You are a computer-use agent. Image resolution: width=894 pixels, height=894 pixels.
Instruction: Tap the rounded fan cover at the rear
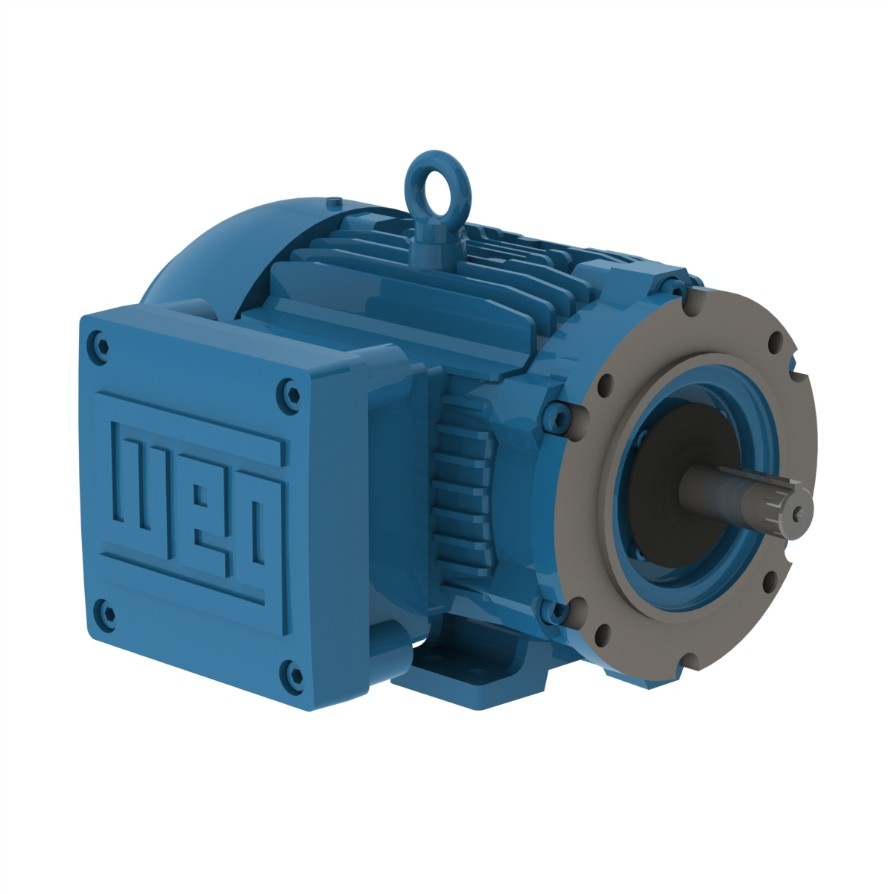201,253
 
